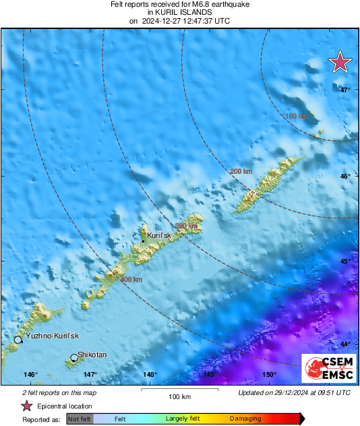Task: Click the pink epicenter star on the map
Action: [340, 62]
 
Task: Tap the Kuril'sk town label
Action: [162, 235]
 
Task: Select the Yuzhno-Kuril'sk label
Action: [52, 336]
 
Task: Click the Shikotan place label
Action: [92, 355]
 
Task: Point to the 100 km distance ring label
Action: [297, 117]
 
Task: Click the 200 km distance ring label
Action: [241, 172]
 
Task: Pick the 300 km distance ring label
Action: [186, 226]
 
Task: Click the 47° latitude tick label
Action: [344, 90]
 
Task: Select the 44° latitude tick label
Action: [344, 344]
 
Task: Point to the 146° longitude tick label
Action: [30, 375]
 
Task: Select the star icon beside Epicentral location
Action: [27, 406]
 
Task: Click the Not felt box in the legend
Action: [80, 419]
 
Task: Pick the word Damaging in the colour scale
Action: [246, 419]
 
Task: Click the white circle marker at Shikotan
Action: [74, 358]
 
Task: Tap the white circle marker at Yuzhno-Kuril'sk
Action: [18, 340]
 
